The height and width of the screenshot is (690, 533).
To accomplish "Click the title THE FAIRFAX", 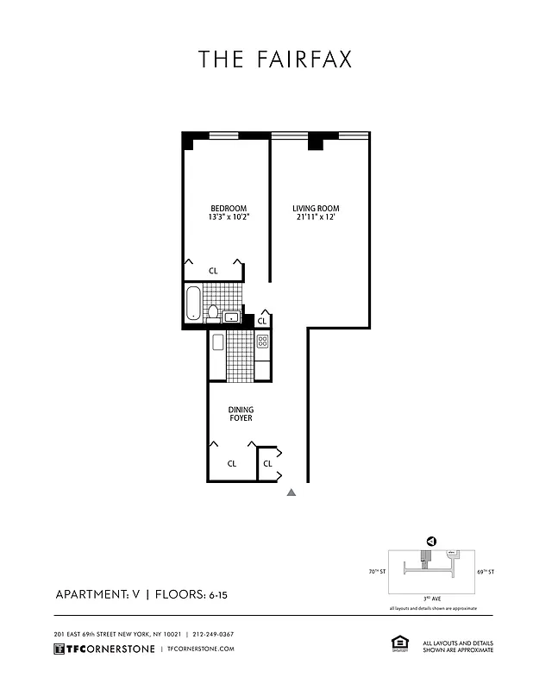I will (x=275, y=59).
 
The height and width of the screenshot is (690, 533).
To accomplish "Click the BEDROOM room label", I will (x=229, y=208).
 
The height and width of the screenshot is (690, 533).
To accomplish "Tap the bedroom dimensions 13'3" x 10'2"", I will (x=229, y=217).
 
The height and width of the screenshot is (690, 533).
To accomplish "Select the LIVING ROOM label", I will (x=315, y=208).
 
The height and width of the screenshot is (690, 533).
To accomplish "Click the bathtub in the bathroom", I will (x=194, y=304).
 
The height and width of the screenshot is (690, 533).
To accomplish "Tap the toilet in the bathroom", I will (x=212, y=312).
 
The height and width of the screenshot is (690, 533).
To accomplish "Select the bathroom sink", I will (x=231, y=317).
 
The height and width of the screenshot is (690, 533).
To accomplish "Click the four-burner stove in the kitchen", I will (x=262, y=342).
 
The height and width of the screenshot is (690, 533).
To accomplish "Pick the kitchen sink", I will (x=217, y=342).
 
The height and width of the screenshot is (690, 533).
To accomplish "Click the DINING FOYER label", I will (x=240, y=414).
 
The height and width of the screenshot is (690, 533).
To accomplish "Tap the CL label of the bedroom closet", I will (x=213, y=271).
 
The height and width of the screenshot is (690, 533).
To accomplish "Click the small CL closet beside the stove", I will (x=262, y=321).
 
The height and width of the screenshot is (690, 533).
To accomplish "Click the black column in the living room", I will (x=316, y=141).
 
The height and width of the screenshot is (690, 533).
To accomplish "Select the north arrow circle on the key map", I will (x=431, y=542).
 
